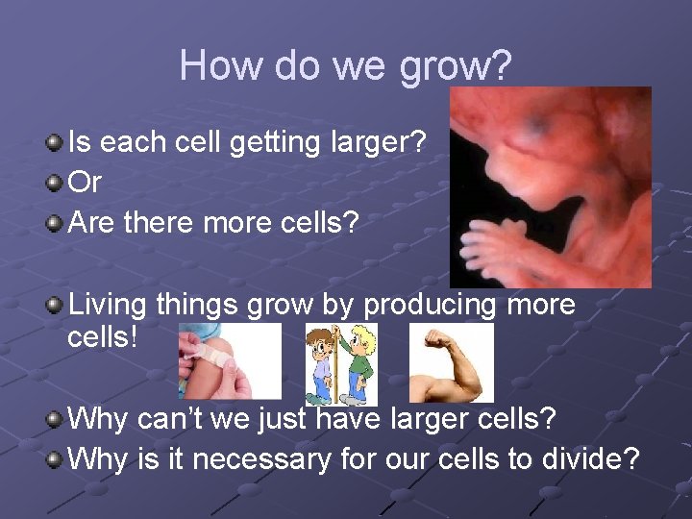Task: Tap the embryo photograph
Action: (550, 187)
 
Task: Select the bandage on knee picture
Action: (230, 361)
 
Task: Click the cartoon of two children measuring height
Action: (341, 363)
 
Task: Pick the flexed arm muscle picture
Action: (451, 362)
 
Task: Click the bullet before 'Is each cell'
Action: (57, 143)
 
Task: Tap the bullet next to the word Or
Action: (57, 182)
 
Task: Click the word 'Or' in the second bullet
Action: (86, 182)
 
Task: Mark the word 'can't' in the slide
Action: (179, 419)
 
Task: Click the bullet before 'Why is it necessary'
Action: (57, 459)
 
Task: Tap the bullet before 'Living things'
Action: (57, 307)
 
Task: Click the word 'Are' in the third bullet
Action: (92, 222)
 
